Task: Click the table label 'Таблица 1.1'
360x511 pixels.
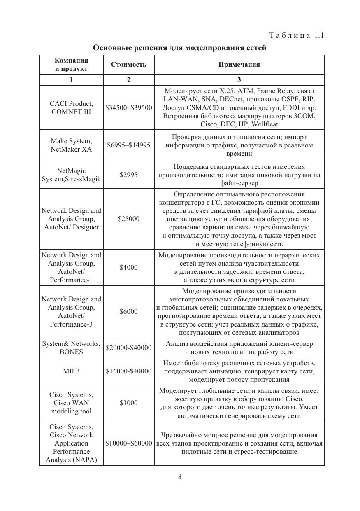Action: click(296, 35)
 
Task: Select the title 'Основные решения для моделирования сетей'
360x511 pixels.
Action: click(180, 48)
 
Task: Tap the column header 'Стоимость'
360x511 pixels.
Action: click(128, 65)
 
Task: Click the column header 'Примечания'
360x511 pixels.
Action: click(239, 65)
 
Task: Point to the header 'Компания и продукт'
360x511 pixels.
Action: click(71, 65)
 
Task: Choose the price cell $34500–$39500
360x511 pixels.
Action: click(128, 108)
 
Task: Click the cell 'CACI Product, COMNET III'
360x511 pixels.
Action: click(71, 108)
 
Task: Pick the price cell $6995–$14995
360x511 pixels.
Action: click(128, 145)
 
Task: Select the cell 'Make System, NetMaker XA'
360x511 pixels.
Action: click(71, 145)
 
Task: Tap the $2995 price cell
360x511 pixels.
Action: click(128, 175)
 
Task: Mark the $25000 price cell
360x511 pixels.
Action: click(128, 219)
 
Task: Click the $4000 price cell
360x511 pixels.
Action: click(128, 268)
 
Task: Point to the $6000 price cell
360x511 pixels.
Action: click(128, 312)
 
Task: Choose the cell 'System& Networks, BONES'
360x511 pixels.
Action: click(71, 348)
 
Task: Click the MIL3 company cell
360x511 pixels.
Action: click(71, 371)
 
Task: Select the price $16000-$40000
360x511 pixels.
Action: click(128, 371)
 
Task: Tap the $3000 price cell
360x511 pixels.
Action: click(128, 403)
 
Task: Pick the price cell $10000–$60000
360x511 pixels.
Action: click(128, 443)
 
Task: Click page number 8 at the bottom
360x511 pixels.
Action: click(180, 477)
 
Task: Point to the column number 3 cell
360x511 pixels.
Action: click(239, 80)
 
